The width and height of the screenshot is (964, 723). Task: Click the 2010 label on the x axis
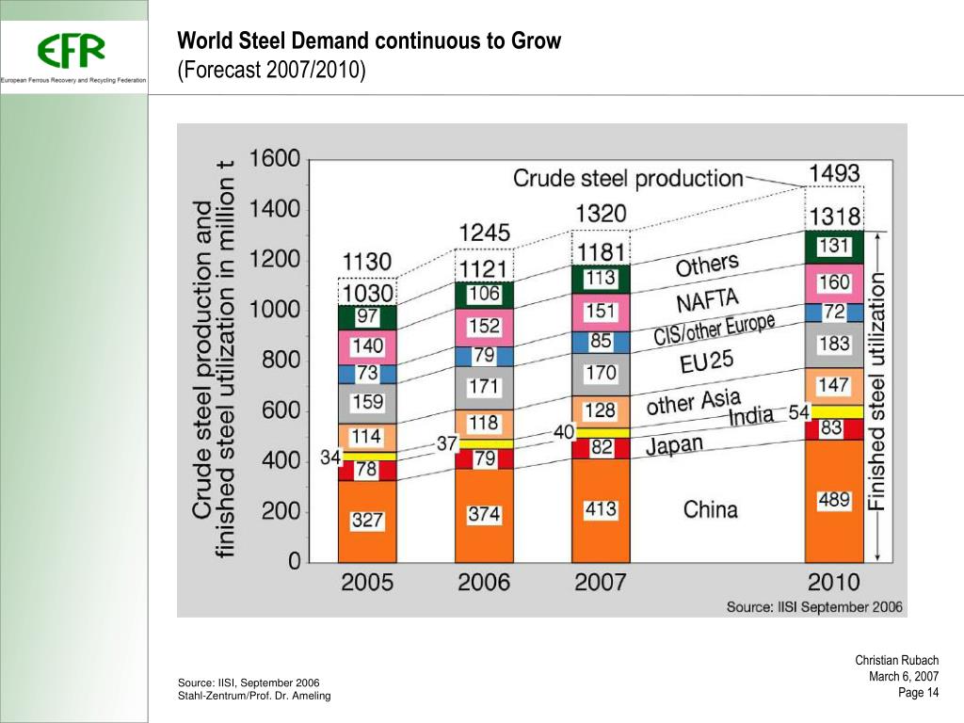[x=833, y=581]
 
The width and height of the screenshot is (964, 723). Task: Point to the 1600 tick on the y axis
[x=275, y=159]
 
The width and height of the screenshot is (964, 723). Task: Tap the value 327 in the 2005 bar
[x=367, y=519]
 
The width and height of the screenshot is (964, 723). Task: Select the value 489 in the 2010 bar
[x=833, y=501]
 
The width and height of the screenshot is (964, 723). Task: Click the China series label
[x=710, y=510]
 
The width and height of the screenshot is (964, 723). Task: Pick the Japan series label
[x=674, y=444]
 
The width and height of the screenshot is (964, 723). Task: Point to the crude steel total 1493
[x=834, y=173]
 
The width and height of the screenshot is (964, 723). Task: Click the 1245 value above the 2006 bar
[x=484, y=232]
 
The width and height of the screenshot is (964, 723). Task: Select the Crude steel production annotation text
[x=628, y=177]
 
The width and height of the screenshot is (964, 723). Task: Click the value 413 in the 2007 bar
[x=601, y=509]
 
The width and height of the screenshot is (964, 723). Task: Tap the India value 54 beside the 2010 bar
[x=799, y=412]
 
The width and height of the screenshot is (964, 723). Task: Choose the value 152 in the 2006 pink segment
[x=484, y=326]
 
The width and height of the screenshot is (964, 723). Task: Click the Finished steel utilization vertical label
[x=877, y=391]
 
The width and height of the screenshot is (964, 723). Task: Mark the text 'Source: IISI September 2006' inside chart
[x=814, y=607]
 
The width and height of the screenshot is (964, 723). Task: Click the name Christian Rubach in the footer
[x=896, y=661]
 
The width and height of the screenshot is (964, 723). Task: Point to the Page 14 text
[x=919, y=694]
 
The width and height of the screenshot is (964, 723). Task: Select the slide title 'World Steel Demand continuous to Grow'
[x=369, y=41]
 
